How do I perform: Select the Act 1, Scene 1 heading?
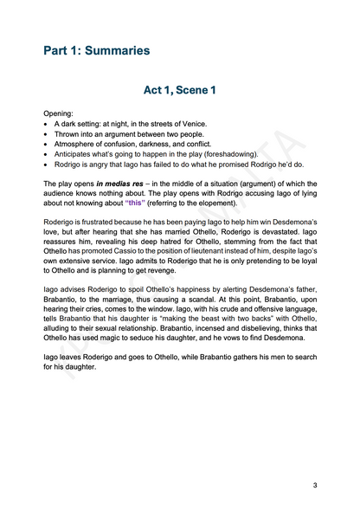pyautogui.click(x=180, y=89)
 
